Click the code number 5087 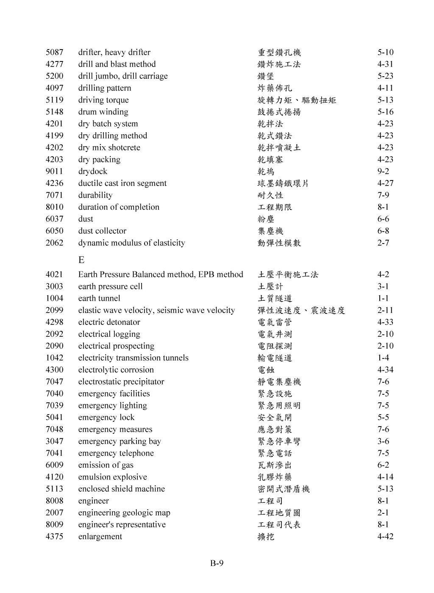click(x=54, y=53)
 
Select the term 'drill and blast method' click(x=117, y=64)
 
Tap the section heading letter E click(x=81, y=260)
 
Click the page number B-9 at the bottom click(x=217, y=563)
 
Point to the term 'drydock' click(x=92, y=172)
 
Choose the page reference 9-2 click(x=383, y=172)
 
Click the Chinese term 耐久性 click(x=270, y=195)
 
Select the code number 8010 click(x=54, y=207)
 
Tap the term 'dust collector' click(x=102, y=231)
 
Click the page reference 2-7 click(x=383, y=243)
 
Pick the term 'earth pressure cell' click(x=110, y=286)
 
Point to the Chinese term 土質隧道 click(x=275, y=298)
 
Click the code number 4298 click(x=54, y=322)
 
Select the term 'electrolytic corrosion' click(x=116, y=370)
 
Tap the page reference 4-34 click(x=385, y=370)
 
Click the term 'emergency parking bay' click(x=120, y=441)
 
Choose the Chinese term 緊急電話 click(x=275, y=453)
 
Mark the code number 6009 click(x=54, y=465)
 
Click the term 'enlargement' click(x=100, y=537)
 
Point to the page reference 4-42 click(x=385, y=537)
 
